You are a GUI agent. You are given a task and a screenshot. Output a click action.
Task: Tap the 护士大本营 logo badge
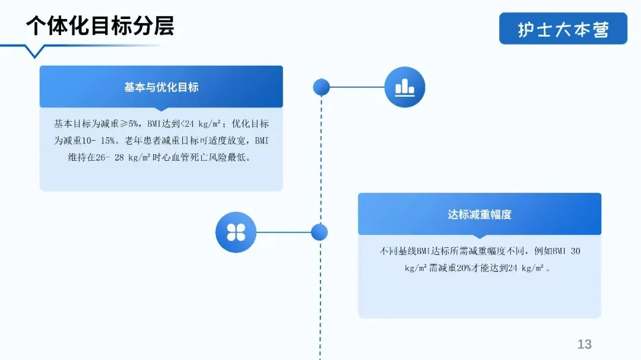click(563, 29)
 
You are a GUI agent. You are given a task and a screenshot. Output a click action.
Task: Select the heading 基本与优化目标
click(161, 87)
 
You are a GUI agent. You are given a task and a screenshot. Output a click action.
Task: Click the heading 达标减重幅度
click(480, 214)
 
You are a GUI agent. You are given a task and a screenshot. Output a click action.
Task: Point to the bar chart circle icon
click(405, 87)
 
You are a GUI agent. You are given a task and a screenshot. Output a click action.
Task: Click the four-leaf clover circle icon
click(236, 232)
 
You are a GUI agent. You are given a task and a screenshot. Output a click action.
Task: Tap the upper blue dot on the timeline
click(321, 87)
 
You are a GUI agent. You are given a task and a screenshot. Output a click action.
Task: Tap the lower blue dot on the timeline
click(319, 232)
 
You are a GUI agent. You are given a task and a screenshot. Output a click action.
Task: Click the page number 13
click(584, 345)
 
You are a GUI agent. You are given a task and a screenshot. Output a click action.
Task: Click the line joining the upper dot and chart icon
click(357, 87)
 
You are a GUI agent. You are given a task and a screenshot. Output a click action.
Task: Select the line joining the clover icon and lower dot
click(284, 232)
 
